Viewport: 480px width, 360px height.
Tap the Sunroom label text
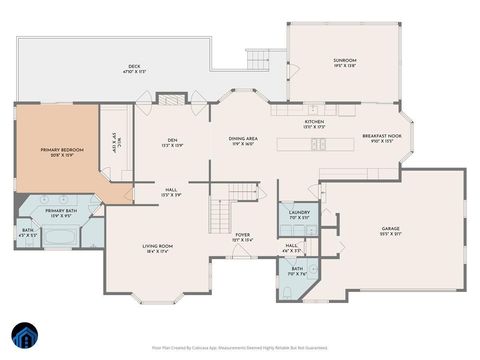click(x=345, y=63)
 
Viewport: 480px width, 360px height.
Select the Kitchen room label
click(x=314, y=125)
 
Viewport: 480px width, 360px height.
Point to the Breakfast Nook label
click(x=382, y=139)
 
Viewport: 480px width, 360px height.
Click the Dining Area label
click(x=244, y=141)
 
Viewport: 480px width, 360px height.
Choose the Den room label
click(x=173, y=143)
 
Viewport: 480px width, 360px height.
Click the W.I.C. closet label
click(x=115, y=142)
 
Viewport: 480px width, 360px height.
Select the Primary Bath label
click(x=61, y=213)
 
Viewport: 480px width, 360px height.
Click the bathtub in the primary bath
click(x=62, y=238)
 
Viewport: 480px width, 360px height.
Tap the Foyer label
click(x=242, y=237)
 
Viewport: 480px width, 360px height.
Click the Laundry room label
click(x=299, y=213)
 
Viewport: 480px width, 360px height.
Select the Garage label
click(x=390, y=231)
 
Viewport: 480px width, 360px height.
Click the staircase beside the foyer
click(x=221, y=212)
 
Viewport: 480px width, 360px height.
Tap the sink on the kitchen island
click(x=319, y=144)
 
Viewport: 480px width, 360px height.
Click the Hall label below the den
click(x=171, y=192)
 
